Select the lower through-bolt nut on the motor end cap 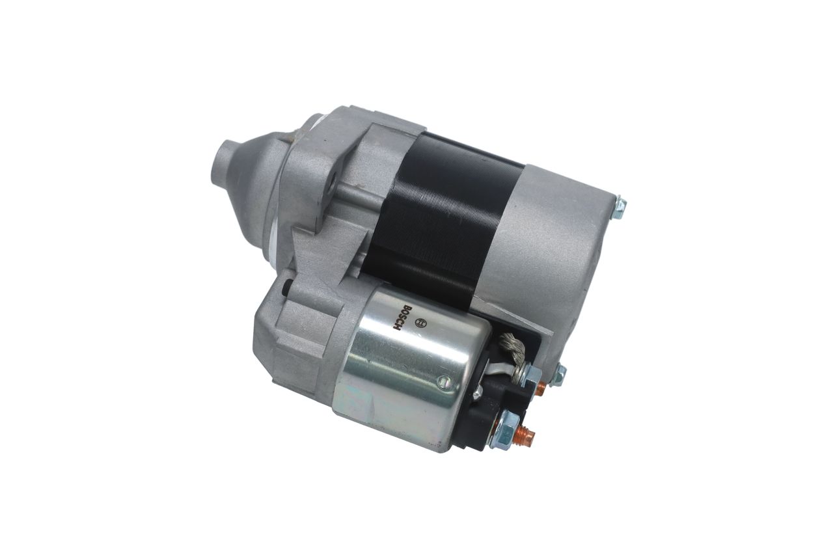(559, 372)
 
